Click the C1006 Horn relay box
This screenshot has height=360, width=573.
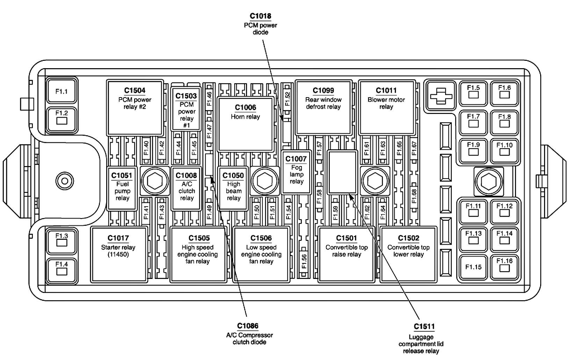click(x=245, y=124)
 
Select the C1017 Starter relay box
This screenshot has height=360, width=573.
click(x=118, y=254)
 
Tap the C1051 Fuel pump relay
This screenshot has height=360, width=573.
click(x=122, y=188)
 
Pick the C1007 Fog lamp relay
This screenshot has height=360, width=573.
click(x=296, y=172)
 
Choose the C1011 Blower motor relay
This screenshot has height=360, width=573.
click(x=386, y=107)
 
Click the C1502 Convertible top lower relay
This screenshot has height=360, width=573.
click(x=408, y=254)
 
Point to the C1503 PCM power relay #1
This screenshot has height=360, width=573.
click(x=186, y=109)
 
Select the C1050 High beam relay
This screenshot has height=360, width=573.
click(x=233, y=188)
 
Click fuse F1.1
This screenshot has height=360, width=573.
click(x=61, y=91)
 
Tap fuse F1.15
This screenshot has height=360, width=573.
click(x=473, y=267)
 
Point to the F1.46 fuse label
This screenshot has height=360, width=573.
click(x=209, y=99)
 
